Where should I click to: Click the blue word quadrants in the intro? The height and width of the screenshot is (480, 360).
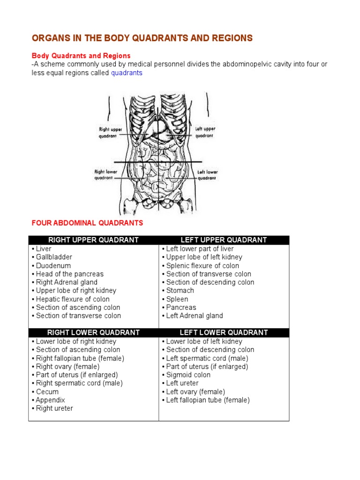click(127, 73)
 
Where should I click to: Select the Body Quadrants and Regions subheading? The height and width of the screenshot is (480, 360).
click(81, 56)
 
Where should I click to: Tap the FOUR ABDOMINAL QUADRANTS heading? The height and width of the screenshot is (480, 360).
click(87, 223)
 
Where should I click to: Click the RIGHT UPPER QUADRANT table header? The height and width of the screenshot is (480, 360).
click(94, 240)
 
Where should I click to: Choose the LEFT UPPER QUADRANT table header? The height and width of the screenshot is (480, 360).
click(224, 240)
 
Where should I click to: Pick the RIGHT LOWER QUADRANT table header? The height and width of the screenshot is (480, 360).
click(94, 332)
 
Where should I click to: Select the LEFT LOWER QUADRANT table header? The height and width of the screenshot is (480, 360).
click(224, 332)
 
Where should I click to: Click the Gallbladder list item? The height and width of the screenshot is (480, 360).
click(54, 257)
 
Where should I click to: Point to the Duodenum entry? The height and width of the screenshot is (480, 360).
click(53, 265)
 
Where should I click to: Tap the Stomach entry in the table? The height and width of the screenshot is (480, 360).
click(180, 291)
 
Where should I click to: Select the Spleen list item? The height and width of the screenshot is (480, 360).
click(177, 299)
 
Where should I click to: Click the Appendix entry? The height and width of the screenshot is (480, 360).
click(50, 400)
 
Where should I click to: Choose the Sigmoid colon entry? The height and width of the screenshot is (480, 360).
click(188, 375)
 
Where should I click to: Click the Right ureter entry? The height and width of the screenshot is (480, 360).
click(54, 408)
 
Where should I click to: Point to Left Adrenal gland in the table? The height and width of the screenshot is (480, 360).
click(194, 316)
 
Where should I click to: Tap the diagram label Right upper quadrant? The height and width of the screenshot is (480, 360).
click(110, 132)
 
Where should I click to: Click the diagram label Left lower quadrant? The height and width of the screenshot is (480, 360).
click(207, 175)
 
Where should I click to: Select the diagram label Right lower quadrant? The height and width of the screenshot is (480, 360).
click(105, 175)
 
